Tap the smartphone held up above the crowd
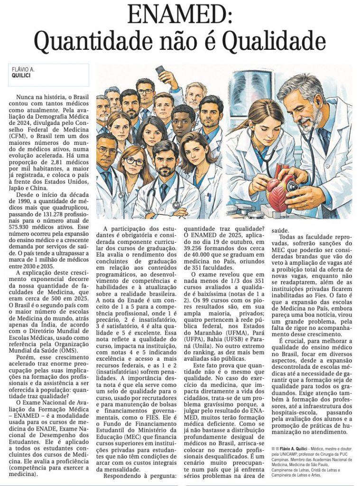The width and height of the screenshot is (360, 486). pos(160,71)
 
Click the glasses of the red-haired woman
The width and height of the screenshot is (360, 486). pos(133,161)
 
